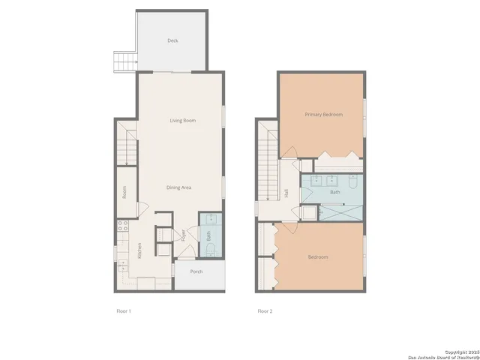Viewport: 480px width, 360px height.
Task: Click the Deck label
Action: (172, 41)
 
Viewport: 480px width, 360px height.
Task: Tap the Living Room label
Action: (182, 120)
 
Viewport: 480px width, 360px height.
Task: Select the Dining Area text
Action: (180, 187)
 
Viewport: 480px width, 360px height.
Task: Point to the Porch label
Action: (196, 271)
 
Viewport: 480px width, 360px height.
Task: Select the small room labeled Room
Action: (124, 192)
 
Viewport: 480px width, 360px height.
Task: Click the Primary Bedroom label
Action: (323, 115)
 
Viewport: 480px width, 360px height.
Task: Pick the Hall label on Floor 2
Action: (286, 193)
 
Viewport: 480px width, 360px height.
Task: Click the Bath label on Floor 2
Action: (334, 193)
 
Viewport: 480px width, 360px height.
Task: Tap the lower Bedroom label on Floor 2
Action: (318, 257)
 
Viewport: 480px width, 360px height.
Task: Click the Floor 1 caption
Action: (124, 310)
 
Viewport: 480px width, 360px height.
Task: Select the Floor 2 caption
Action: (265, 310)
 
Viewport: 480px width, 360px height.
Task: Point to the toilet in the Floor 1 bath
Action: (211, 248)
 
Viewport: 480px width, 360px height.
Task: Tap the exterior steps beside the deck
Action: (124, 61)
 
